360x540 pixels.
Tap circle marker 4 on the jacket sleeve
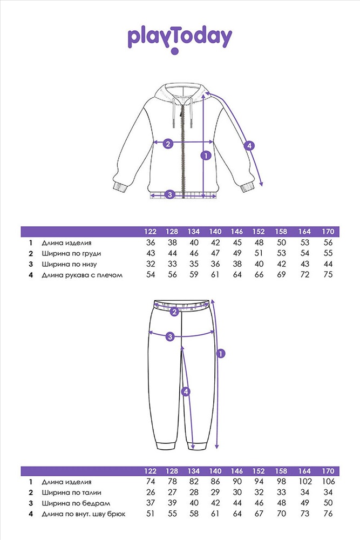(x=249, y=146)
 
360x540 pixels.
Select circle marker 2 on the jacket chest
(x=168, y=144)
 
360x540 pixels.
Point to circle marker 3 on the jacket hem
(x=169, y=194)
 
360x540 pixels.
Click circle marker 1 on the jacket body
(x=206, y=156)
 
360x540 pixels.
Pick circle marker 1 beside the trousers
(x=220, y=353)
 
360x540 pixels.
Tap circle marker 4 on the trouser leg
(x=186, y=391)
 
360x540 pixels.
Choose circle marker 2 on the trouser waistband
(x=174, y=312)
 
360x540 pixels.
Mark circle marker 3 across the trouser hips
(x=170, y=336)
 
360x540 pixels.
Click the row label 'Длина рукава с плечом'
(x=82, y=275)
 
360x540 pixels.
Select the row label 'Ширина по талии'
(x=72, y=493)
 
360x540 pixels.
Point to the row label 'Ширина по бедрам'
(x=76, y=503)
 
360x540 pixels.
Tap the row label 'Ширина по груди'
(x=71, y=254)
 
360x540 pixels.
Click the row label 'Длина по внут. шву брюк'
(x=84, y=514)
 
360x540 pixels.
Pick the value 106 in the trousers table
(x=328, y=482)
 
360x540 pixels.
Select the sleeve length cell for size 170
(x=328, y=274)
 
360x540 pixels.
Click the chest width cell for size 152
(x=259, y=253)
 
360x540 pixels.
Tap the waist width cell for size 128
(x=172, y=492)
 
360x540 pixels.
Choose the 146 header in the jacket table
(x=237, y=232)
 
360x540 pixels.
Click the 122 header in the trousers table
(x=151, y=471)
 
